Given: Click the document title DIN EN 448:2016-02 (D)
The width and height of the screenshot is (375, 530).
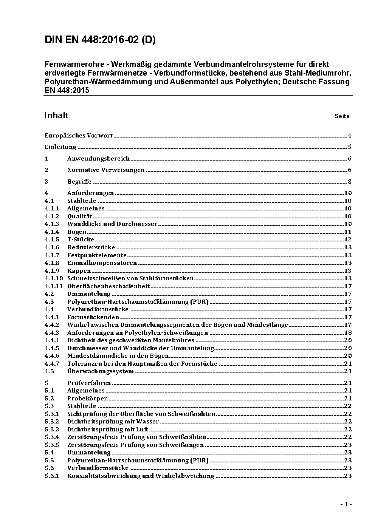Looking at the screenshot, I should tap(100, 40).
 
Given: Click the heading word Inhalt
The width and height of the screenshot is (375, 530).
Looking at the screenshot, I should tap(56, 115).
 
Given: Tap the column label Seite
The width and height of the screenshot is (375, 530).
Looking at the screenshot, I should tap(342, 116).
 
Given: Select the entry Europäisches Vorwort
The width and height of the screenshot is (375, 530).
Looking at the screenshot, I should tap(79, 136).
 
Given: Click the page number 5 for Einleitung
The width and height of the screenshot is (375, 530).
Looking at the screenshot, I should tap(350, 147).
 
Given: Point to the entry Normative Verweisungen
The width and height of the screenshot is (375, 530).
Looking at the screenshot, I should tap(106, 170).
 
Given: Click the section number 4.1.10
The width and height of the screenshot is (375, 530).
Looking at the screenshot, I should tap(54, 278).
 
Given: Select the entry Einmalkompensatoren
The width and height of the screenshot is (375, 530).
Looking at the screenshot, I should tap(102, 263).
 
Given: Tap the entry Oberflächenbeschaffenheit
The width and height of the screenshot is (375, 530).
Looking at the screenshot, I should tap(108, 286).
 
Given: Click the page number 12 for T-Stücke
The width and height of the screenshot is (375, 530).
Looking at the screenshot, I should tap(348, 240).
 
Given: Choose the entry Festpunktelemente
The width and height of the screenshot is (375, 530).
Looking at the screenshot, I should tap(97, 255).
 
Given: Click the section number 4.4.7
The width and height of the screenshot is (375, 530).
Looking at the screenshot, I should tap(52, 364).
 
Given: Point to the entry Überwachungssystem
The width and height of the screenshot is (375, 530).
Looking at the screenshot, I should tap(101, 371).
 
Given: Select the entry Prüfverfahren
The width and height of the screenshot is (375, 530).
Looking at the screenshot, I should tap(89, 383).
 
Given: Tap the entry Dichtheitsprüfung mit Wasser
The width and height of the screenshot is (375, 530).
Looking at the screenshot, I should tap(113, 422).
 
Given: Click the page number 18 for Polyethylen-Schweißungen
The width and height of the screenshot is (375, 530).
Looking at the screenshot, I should tap(348, 333).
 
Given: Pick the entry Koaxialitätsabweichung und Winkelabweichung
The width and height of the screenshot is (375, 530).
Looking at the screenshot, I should tap(141, 476).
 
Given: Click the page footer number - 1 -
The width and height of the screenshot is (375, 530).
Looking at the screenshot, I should tap(346, 504).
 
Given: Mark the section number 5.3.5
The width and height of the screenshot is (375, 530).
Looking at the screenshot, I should tap(52, 445).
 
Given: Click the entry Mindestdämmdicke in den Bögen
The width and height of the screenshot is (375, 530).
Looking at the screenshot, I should tap(118, 356).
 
